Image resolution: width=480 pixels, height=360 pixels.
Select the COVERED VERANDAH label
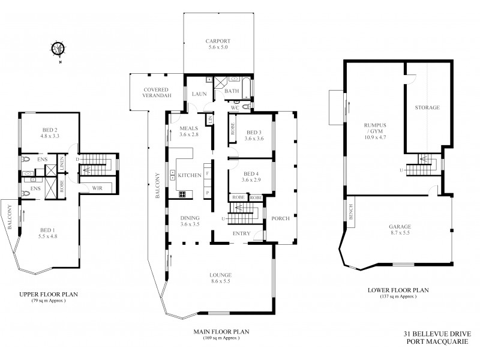[158, 93]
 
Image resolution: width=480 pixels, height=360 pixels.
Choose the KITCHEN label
[189, 175]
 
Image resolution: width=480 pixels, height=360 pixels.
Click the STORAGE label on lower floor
[427, 108]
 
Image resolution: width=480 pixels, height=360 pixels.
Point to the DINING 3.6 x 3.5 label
[189, 220]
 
